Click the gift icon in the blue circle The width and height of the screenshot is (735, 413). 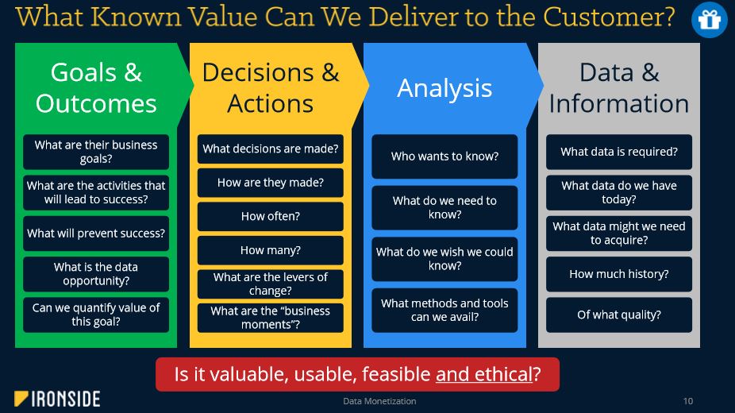(710, 20)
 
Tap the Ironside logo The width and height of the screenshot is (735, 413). (57, 399)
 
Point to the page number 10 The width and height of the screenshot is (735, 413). (687, 401)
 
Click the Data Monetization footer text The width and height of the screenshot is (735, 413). (379, 401)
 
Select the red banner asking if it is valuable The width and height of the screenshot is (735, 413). (357, 375)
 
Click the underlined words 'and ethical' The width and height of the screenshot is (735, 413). (483, 375)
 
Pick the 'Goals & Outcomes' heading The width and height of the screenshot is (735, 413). (96, 88)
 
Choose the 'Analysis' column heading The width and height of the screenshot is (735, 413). (444, 88)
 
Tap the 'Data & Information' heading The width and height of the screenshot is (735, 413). (619, 88)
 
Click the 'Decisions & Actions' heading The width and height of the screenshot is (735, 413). (271, 88)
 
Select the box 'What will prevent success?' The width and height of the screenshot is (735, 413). (96, 234)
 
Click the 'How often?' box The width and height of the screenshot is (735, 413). (271, 216)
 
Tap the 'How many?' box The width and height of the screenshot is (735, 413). (271, 250)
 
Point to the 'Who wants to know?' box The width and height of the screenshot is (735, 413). (444, 156)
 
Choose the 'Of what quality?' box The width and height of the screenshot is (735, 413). (619, 315)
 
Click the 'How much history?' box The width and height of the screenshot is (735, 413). (619, 274)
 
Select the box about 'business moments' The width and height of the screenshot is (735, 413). (271, 318)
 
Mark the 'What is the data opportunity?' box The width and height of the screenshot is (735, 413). (96, 274)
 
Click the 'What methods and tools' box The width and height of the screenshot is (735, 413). (444, 311)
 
